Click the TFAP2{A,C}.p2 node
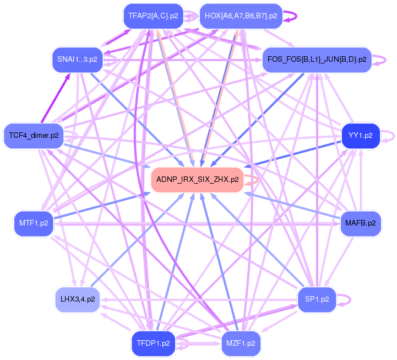coord(153,16)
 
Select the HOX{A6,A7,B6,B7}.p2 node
coord(241,16)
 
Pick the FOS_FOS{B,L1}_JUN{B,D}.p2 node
coord(317,59)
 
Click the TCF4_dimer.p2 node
coord(34,135)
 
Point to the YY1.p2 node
coord(361,135)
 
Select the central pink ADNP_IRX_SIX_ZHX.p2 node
coord(197,180)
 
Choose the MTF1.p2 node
coord(34,224)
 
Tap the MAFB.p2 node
coord(361,223)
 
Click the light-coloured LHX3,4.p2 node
coord(77,300)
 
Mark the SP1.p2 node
coord(317,299)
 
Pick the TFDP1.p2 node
coord(153,343)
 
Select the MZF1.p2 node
coord(241,343)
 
